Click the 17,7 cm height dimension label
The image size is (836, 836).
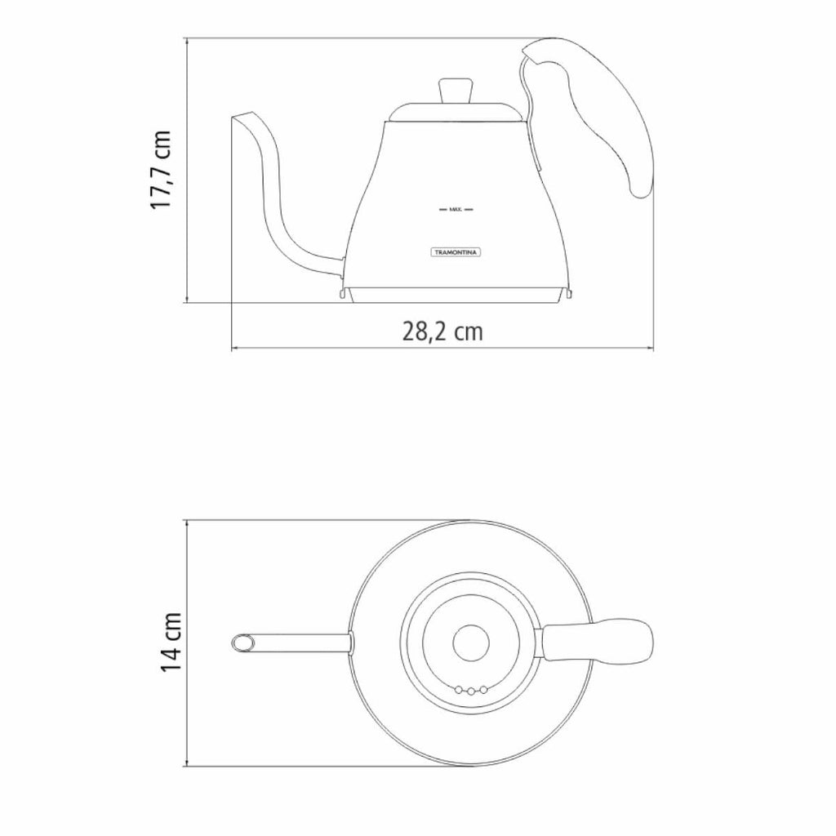[161, 170]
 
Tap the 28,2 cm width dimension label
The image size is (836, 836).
[442, 331]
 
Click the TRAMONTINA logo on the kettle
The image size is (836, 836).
[456, 252]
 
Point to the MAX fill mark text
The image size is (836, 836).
[456, 210]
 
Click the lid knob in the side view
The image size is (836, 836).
[456, 91]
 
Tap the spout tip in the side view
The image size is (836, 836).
[241, 116]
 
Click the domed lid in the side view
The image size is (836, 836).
[456, 113]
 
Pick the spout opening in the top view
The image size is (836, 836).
[242, 643]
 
